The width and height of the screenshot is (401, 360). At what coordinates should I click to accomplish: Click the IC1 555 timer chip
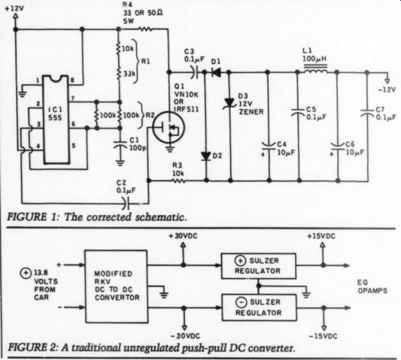(x=56, y=119)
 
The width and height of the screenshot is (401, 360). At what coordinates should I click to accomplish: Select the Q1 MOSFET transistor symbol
(x=169, y=127)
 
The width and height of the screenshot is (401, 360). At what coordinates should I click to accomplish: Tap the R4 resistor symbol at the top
(x=145, y=29)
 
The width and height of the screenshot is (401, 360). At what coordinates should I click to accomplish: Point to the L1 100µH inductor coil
(x=315, y=69)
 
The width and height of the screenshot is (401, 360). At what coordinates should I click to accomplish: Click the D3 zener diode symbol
(x=229, y=103)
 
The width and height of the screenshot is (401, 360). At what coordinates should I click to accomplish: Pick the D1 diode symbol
(x=216, y=72)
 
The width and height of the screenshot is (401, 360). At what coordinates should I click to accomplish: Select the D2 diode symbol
(x=205, y=156)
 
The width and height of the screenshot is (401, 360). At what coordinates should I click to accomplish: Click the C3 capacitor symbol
(x=195, y=72)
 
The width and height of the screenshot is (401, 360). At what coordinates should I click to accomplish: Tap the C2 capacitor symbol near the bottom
(x=126, y=204)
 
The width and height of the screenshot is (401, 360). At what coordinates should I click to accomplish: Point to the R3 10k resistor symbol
(x=178, y=180)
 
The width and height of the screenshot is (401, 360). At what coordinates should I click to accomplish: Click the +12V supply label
(x=14, y=8)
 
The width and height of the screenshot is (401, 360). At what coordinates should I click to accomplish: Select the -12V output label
(x=387, y=89)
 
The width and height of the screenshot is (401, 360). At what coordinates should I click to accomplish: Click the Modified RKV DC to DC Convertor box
(x=116, y=286)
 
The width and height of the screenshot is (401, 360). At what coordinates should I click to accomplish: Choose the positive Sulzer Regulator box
(x=258, y=266)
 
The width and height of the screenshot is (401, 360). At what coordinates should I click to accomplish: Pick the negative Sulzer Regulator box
(x=259, y=307)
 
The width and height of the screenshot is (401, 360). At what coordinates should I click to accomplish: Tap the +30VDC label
(x=183, y=236)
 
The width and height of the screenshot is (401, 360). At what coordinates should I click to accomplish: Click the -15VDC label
(x=324, y=336)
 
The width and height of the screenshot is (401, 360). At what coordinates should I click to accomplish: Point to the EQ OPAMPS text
(x=372, y=286)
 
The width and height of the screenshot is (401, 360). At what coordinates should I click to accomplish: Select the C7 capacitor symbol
(x=367, y=113)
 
